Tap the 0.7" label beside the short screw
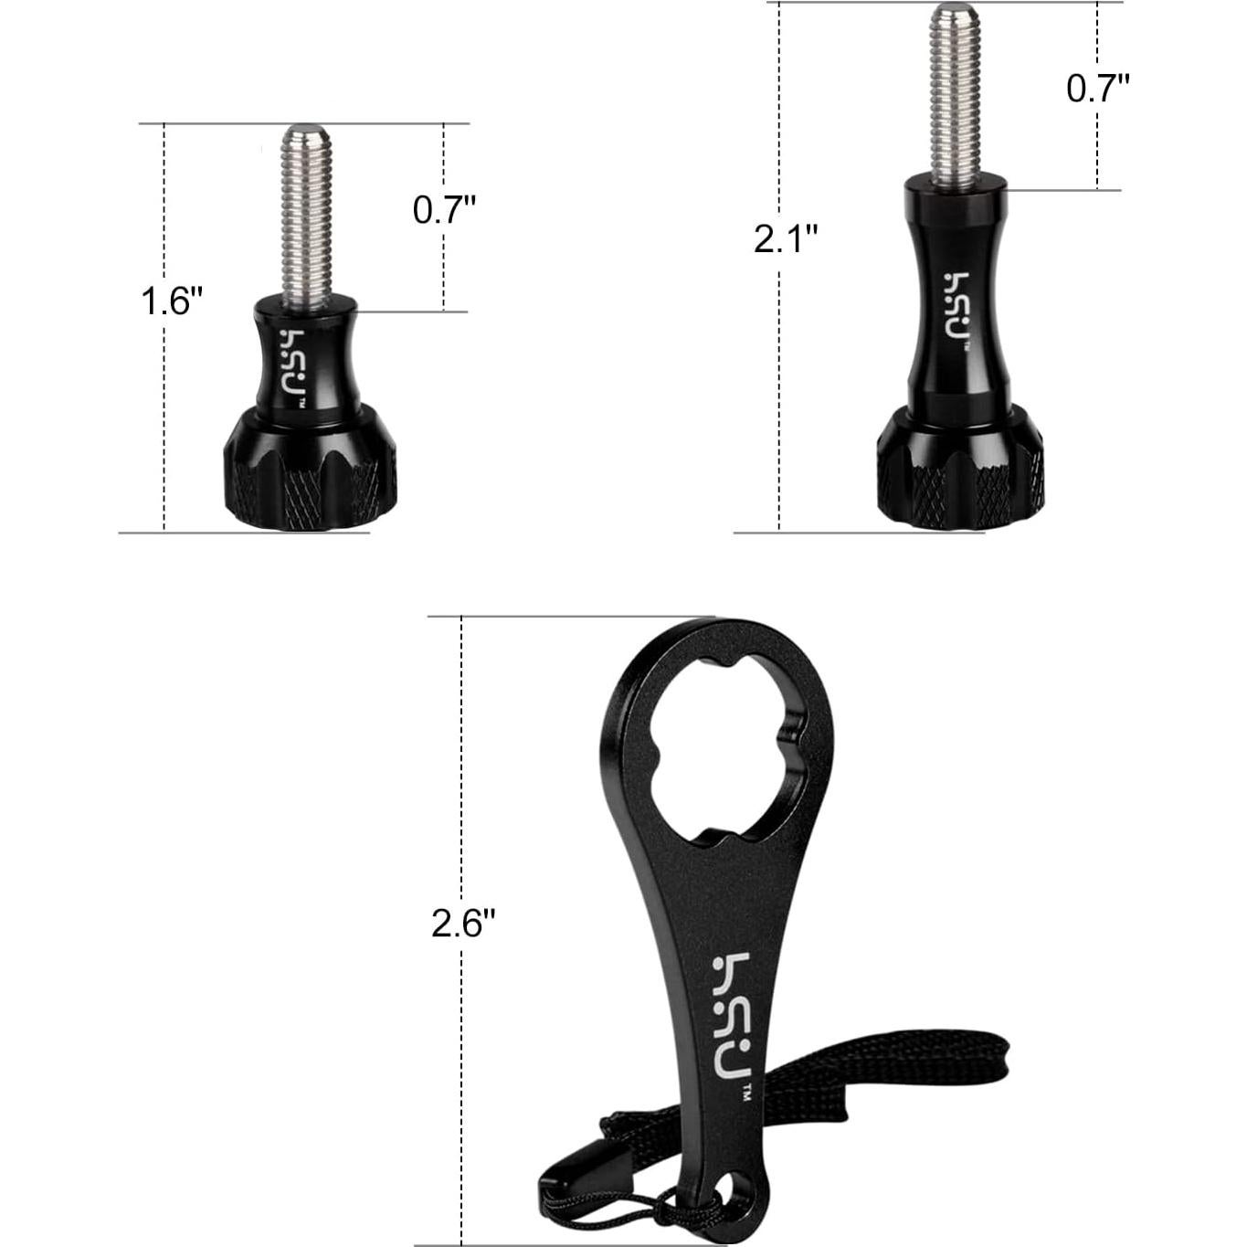pyautogui.click(x=445, y=210)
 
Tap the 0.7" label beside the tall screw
pyautogui.click(x=1098, y=88)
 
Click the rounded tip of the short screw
pyautogui.click(x=305, y=132)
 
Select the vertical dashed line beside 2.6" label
pyautogui.click(x=462, y=777)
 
